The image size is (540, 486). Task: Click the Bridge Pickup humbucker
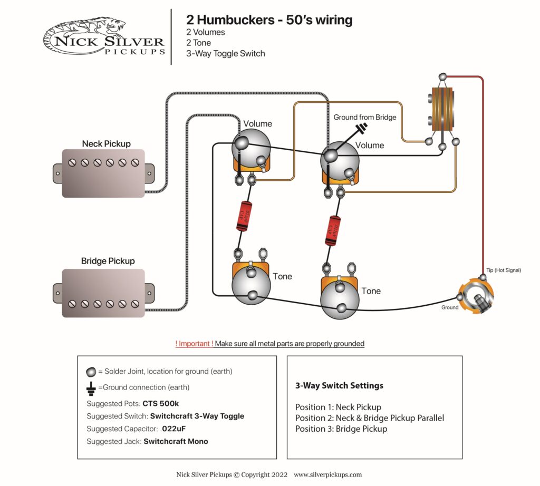click(103, 293)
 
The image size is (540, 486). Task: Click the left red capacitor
click(244, 216)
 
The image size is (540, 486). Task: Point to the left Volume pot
click(251, 148)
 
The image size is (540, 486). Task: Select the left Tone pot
click(251, 286)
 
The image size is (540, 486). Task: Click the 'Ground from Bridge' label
click(364, 117)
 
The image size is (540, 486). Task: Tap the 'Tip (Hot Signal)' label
click(503, 270)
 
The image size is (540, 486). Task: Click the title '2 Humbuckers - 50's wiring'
click(269, 20)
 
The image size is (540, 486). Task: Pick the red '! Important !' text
click(195, 344)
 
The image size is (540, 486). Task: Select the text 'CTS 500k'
click(161, 403)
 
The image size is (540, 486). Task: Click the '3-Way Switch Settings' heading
click(339, 385)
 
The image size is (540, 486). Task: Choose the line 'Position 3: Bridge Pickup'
click(341, 429)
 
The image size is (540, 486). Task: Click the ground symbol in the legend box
click(91, 387)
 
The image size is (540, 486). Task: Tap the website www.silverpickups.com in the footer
click(327, 474)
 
